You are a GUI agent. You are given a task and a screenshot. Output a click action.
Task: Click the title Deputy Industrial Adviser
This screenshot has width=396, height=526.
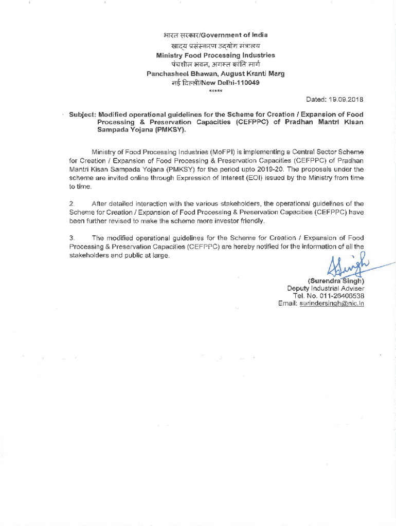[x=326, y=289]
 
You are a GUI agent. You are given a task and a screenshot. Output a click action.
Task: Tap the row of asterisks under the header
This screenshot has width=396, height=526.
[x=215, y=91]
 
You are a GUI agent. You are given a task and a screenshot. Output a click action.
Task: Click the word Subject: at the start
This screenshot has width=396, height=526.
[x=82, y=115]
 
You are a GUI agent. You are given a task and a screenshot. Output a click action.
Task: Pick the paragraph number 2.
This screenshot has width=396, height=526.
[x=72, y=203]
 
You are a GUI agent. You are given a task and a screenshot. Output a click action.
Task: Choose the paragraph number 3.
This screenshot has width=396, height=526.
[x=72, y=238]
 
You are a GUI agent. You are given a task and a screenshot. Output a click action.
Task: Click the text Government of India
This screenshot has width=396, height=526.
[x=234, y=35]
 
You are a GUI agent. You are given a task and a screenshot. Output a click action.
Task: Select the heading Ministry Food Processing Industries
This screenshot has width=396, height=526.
[x=215, y=55]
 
